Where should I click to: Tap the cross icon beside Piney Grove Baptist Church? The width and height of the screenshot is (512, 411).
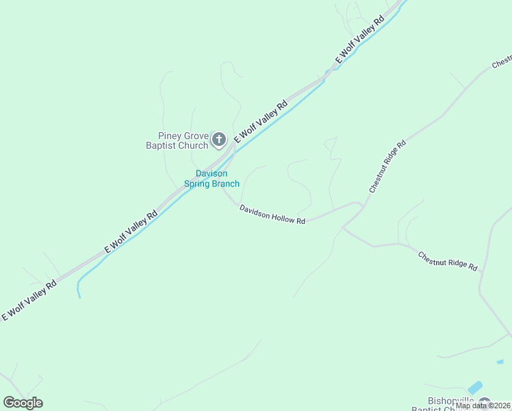219,140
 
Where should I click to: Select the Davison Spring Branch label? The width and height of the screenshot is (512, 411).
212,179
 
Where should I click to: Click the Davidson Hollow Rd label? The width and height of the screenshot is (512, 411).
272,214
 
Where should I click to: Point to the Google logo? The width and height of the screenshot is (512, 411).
23,403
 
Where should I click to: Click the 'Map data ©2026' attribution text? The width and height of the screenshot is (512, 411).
483,406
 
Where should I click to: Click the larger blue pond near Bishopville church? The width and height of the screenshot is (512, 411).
475,388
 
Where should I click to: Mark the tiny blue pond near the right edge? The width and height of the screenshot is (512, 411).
500,361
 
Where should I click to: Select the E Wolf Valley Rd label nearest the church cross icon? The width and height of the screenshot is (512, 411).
261,123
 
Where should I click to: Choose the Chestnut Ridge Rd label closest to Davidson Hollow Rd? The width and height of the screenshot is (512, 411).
387,166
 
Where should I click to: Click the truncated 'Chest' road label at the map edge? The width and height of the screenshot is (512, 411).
501,62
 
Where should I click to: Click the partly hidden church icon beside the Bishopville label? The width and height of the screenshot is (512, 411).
485,403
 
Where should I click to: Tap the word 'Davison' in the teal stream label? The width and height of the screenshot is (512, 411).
212,173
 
